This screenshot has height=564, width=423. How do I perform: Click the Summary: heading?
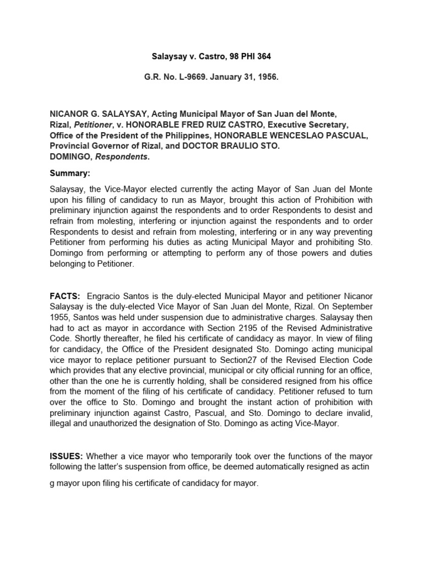coord(69,173)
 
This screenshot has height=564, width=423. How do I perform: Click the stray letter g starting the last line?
coord(52,483)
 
